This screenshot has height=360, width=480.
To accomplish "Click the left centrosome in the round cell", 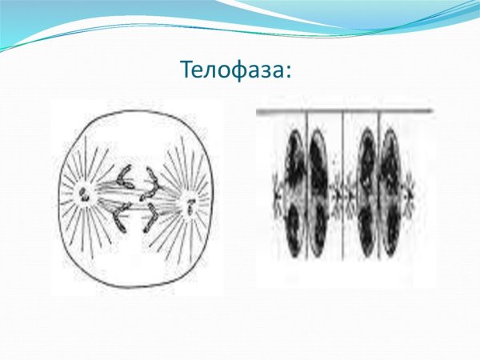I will (x=84, y=191).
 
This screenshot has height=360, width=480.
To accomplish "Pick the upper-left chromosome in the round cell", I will (x=125, y=175).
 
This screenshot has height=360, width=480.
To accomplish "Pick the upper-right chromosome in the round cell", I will (x=153, y=175).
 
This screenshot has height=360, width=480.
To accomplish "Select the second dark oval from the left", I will (x=319, y=192).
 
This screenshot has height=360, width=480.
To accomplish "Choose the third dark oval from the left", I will (x=367, y=192).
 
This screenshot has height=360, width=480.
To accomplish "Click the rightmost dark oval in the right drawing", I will (x=392, y=192).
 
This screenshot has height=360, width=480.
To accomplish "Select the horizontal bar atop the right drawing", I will (x=344, y=110).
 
